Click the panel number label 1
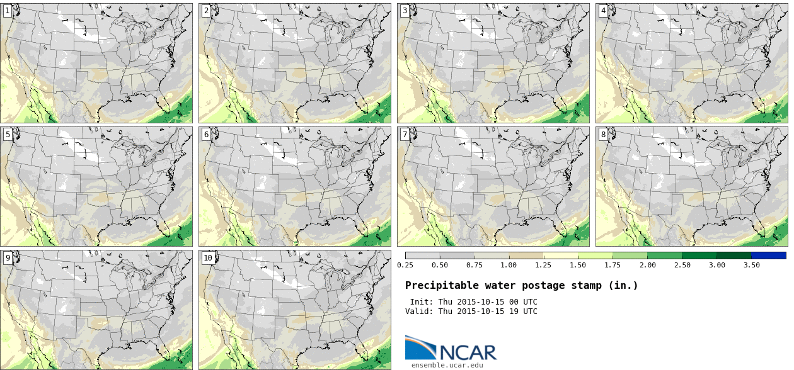(x=7, y=10)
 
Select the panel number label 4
(x=603, y=10)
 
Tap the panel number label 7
(x=405, y=134)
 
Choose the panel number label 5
(x=7, y=134)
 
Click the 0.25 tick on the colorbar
(x=405, y=265)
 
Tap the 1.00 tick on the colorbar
(x=509, y=265)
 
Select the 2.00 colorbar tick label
(x=647, y=265)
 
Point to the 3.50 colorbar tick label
(x=751, y=265)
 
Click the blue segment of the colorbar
(x=768, y=255)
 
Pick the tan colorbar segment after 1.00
(x=526, y=255)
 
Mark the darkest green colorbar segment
(x=734, y=255)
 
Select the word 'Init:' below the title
(x=422, y=302)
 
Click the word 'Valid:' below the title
(x=419, y=311)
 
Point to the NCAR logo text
(x=468, y=352)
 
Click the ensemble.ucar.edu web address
(x=447, y=365)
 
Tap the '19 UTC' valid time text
(x=523, y=311)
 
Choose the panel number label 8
(x=603, y=134)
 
